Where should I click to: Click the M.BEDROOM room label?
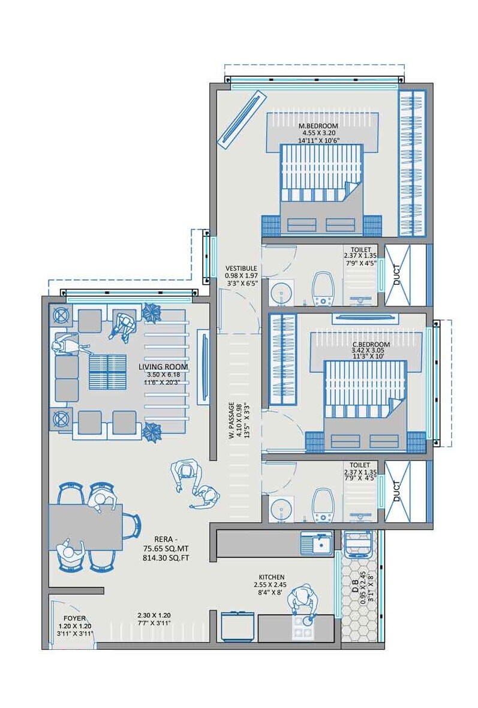[x=318, y=126]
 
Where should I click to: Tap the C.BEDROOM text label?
[x=371, y=345]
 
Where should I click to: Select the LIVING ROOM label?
[x=163, y=367]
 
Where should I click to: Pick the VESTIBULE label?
[x=241, y=268]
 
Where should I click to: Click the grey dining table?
[x=85, y=526]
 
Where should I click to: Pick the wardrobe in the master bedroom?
[x=412, y=162]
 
